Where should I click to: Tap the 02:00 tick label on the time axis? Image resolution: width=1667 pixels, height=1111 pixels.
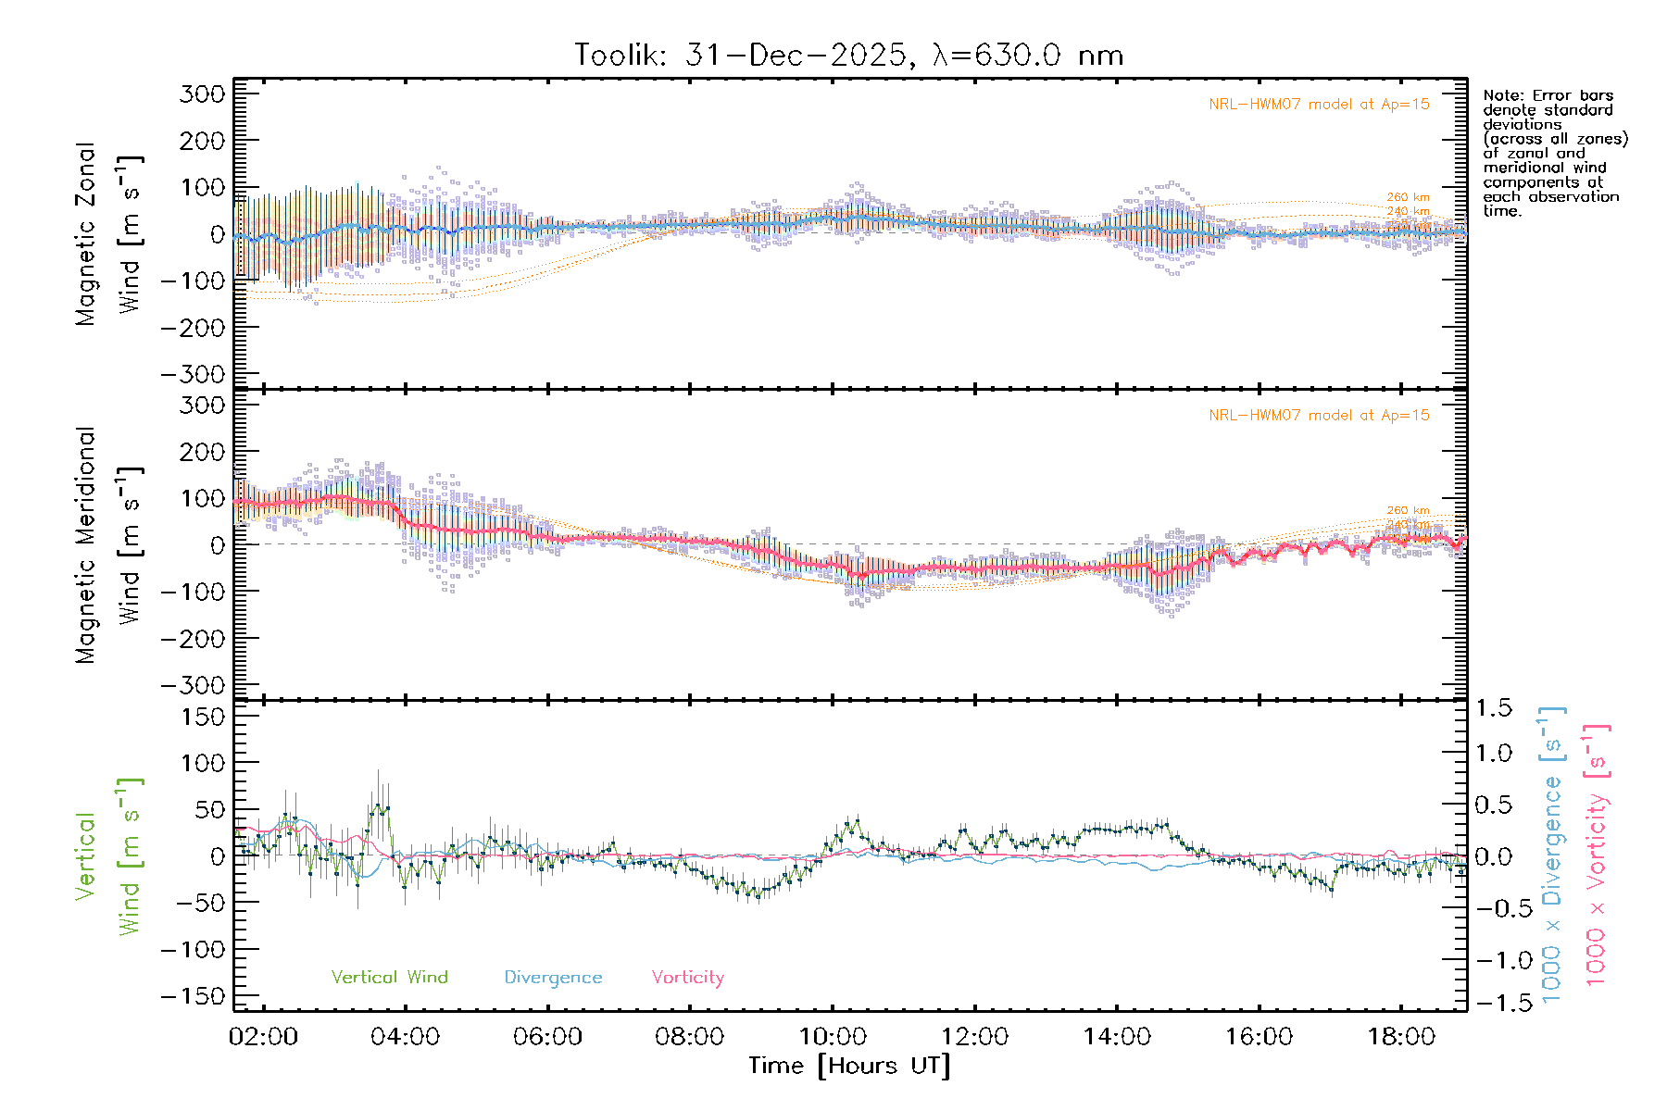pyautogui.click(x=264, y=1037)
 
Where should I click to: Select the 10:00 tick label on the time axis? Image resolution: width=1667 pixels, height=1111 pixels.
pyautogui.click(x=833, y=1037)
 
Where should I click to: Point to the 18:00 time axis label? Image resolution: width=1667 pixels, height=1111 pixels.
pyautogui.click(x=1401, y=1037)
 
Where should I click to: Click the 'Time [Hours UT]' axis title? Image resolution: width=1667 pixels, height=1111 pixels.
pyautogui.click(x=849, y=1066)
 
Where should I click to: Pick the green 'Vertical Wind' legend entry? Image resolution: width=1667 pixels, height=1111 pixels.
pyautogui.click(x=389, y=978)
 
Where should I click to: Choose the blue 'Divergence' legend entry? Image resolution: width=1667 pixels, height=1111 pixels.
pyautogui.click(x=553, y=978)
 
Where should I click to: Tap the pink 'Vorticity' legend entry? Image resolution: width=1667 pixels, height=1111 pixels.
pyautogui.click(x=687, y=978)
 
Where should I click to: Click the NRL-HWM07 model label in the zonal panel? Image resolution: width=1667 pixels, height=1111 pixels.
pyautogui.click(x=1319, y=105)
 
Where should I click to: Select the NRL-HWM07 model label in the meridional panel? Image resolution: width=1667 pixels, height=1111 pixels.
pyautogui.click(x=1319, y=416)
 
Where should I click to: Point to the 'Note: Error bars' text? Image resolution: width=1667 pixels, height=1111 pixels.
pyautogui.click(x=1548, y=95)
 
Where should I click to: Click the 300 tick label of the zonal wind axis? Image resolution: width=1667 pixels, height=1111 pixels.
pyautogui.click(x=202, y=94)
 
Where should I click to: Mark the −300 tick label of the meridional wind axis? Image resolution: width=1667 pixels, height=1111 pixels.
pyautogui.click(x=194, y=685)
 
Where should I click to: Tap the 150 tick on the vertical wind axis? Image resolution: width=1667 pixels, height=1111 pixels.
pyautogui.click(x=202, y=717)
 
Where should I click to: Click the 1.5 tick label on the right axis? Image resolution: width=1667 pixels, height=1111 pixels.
pyautogui.click(x=1494, y=708)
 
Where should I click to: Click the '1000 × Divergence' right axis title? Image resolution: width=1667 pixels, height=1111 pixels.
pyautogui.click(x=1552, y=854)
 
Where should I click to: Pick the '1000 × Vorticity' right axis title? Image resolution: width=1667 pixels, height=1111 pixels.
pyautogui.click(x=1596, y=854)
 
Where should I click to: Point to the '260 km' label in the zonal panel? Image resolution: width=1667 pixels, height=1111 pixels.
pyautogui.click(x=1408, y=197)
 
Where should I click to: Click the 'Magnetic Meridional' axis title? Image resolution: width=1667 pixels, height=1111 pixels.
pyautogui.click(x=86, y=545)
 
